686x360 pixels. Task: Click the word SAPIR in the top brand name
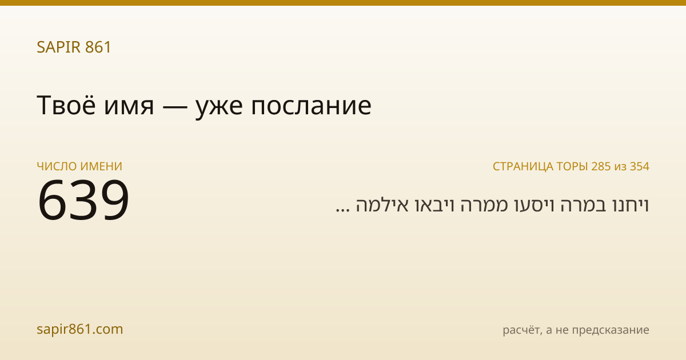click(x=59, y=47)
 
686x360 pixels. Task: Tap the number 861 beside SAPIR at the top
click(x=98, y=47)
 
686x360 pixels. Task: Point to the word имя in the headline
click(x=129, y=107)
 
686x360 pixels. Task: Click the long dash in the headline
click(x=175, y=107)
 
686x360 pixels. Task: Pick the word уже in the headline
click(x=219, y=109)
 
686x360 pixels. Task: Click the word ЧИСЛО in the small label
click(x=57, y=166)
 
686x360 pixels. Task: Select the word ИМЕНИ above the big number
click(x=101, y=166)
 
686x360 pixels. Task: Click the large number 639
click(x=83, y=200)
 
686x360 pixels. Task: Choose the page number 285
click(x=601, y=166)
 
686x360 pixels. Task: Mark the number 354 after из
click(x=640, y=166)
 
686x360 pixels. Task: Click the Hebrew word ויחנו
click(x=631, y=205)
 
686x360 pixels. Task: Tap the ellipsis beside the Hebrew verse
click(x=342, y=210)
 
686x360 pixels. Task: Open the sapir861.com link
click(x=80, y=329)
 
